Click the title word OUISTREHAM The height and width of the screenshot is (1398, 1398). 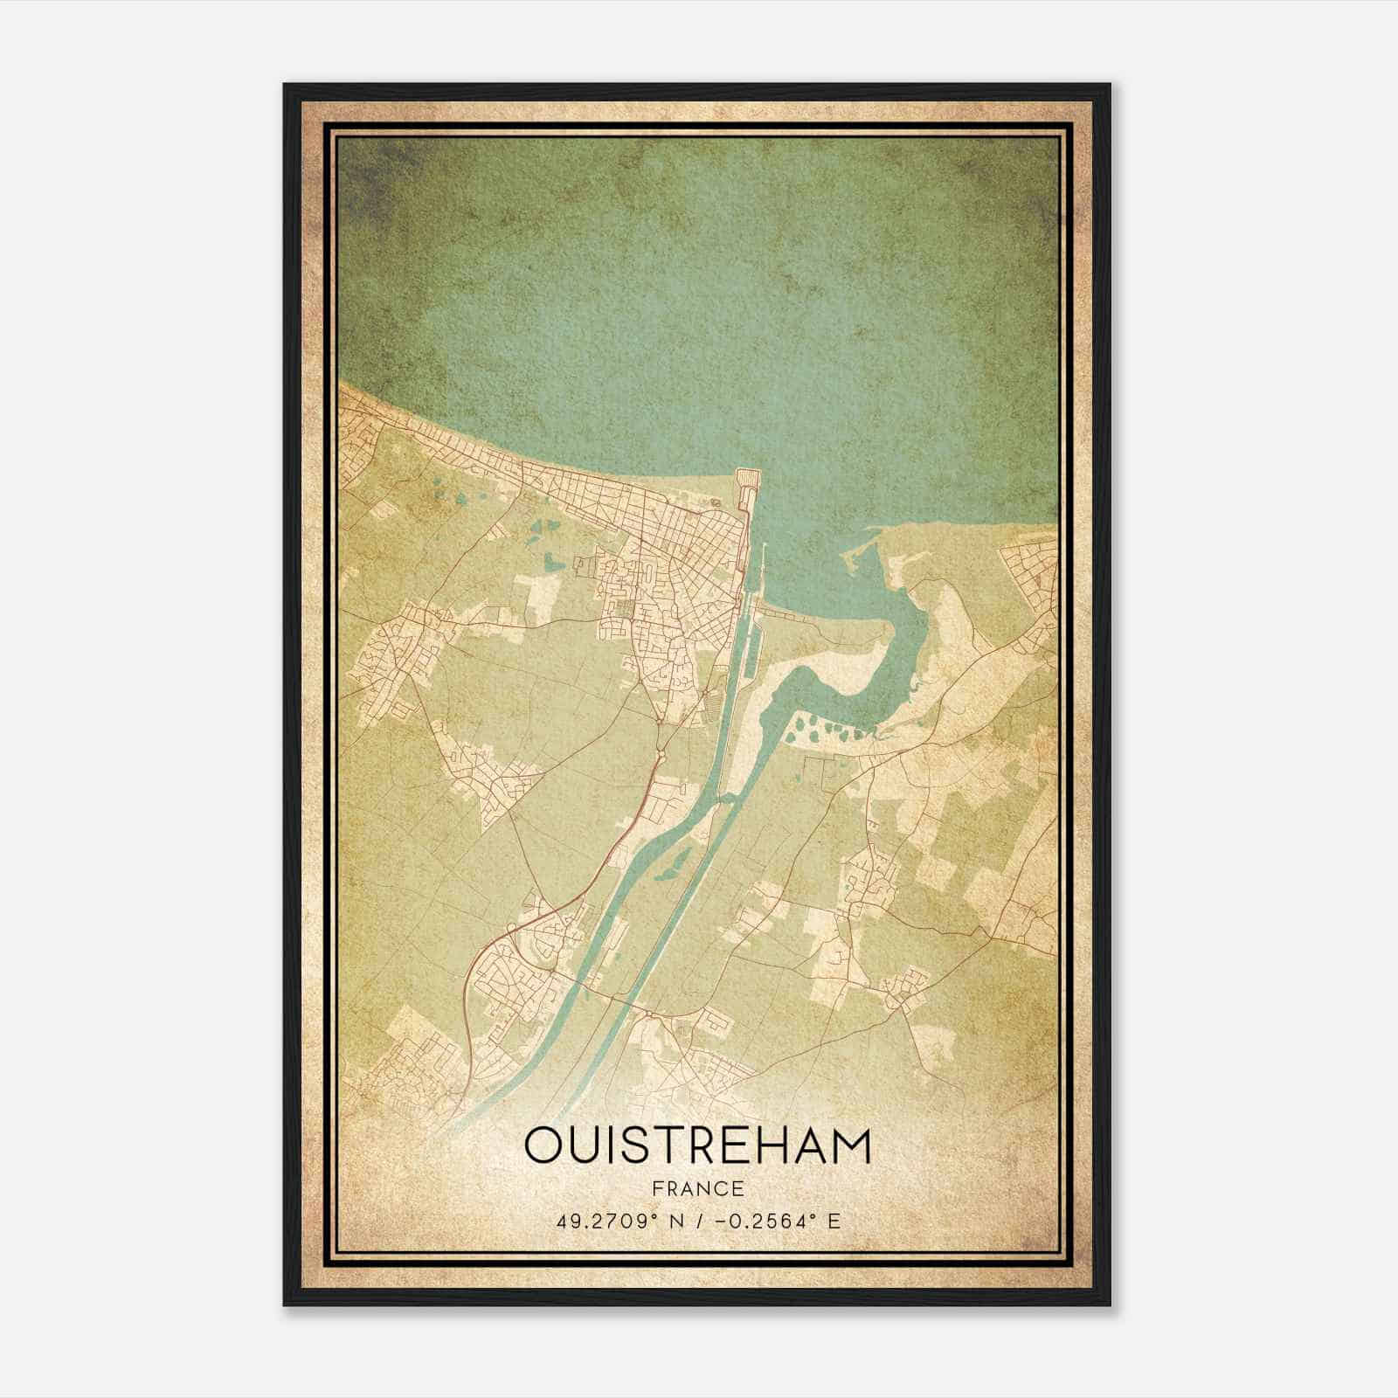coord(697,1146)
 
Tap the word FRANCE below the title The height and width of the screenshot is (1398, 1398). coord(697,1189)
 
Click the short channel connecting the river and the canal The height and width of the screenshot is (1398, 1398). coord(723,798)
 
